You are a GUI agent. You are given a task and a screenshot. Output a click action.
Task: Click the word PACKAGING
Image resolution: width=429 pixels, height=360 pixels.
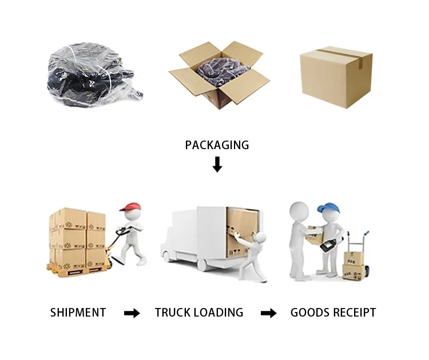click(217, 145)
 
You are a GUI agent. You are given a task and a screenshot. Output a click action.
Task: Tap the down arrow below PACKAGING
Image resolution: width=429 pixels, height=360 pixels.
click(217, 165)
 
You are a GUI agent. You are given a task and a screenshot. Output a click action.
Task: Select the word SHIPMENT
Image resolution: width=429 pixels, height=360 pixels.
click(78, 313)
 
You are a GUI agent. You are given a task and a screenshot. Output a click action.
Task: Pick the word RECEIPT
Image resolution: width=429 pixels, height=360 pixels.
click(355, 313)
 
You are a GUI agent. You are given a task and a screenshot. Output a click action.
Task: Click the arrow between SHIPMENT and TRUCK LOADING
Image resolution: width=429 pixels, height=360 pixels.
click(132, 313)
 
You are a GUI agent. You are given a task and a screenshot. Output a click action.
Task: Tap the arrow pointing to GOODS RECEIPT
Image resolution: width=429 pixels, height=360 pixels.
click(268, 313)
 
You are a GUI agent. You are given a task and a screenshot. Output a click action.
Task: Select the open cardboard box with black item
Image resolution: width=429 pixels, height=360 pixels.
click(219, 75)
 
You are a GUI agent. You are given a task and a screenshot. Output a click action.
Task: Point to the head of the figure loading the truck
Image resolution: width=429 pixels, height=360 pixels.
click(261, 237)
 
